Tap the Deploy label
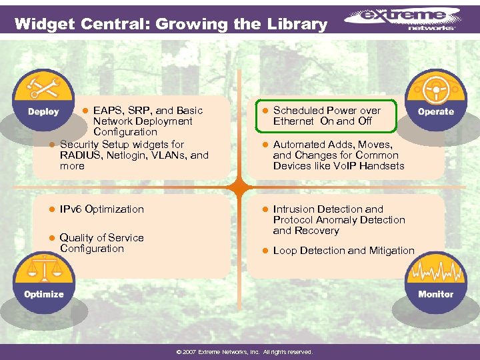point(43,112)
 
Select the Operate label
point(436,112)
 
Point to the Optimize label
point(44,294)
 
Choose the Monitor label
point(436,294)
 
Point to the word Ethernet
point(293,121)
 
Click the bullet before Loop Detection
point(264,251)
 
